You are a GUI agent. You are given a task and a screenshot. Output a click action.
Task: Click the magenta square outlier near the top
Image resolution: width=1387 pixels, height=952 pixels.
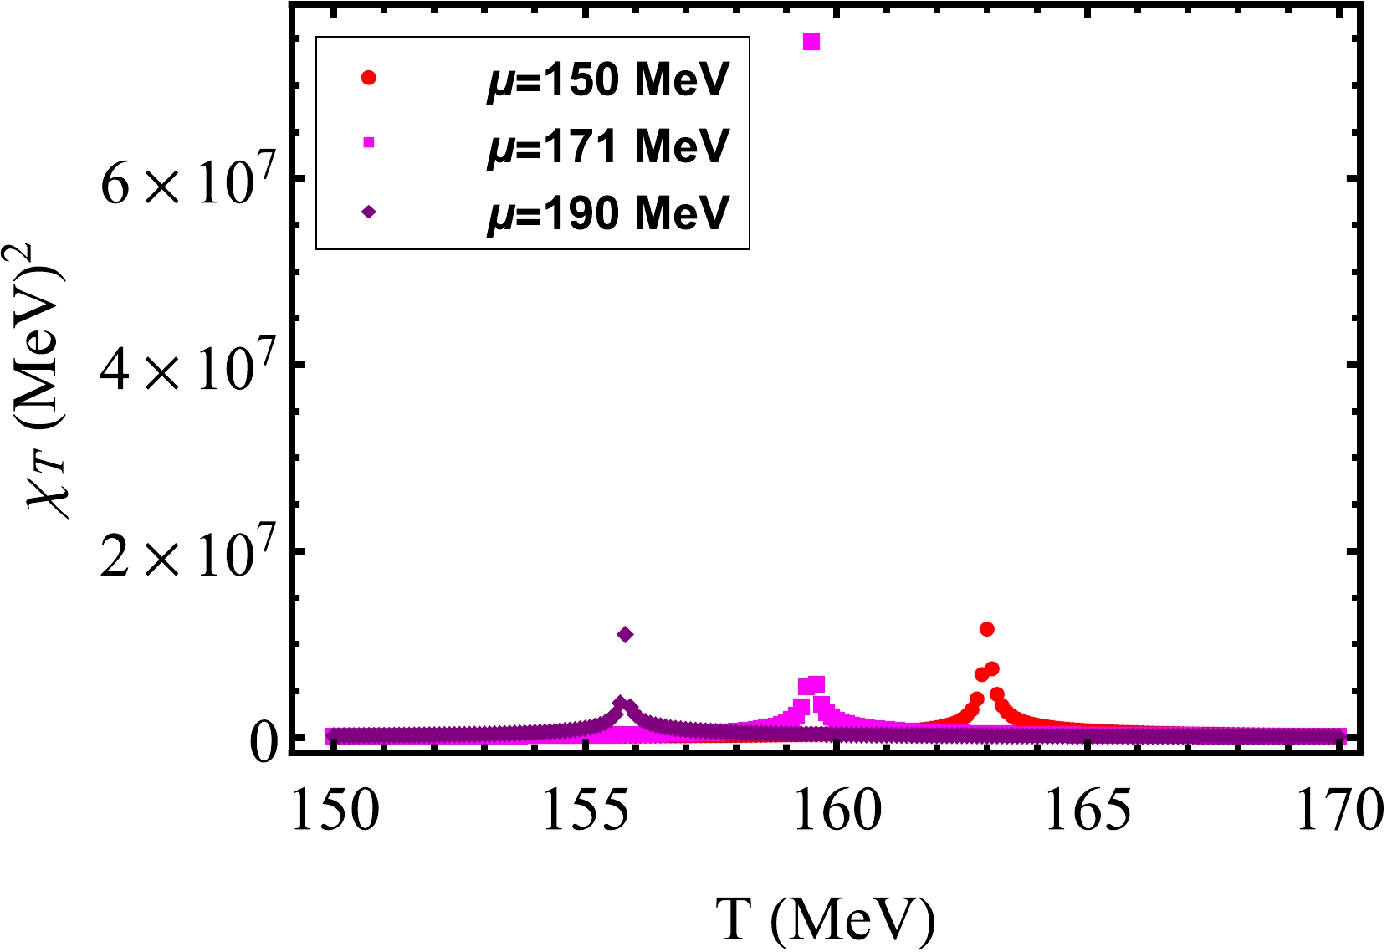811,42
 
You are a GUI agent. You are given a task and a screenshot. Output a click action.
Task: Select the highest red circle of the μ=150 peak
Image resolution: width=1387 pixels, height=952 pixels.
986,629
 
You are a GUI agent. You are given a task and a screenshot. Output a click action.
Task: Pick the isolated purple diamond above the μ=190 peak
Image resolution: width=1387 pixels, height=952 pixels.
625,635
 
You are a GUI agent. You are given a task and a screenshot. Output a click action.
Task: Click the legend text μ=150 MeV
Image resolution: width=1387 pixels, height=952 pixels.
608,79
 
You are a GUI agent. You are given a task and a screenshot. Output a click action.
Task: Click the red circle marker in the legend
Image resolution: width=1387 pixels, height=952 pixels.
368,78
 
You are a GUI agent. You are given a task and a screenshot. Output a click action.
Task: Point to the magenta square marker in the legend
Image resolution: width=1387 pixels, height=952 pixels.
368,143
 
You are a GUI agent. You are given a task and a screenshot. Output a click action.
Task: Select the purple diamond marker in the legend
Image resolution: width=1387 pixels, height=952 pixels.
368,212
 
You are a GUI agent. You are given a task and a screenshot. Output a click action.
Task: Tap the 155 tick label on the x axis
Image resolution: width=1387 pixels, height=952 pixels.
586,811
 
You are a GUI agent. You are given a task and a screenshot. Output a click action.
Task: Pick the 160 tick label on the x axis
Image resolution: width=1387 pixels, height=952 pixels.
837,811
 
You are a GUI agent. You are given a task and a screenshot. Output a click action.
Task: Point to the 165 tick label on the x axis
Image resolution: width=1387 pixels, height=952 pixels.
1088,811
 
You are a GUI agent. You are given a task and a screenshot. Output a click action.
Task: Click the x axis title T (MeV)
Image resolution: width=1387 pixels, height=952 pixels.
825,920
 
